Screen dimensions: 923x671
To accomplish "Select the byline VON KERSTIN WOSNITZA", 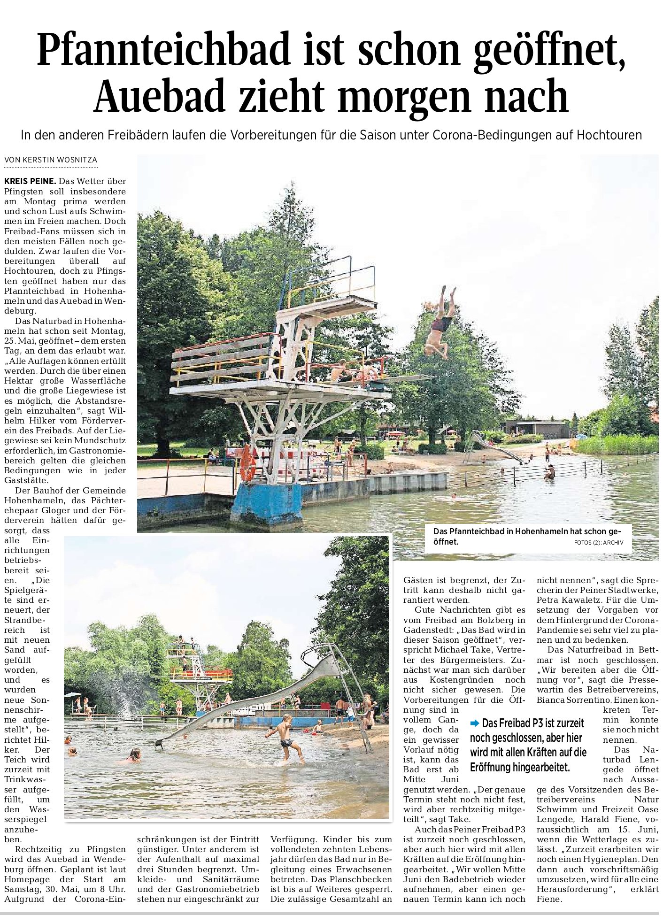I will (51, 160).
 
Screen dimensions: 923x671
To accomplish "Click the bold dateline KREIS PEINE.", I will (30, 181).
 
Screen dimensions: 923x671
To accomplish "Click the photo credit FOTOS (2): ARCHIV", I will (598, 543).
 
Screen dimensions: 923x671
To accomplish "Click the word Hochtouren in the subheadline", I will (609, 135).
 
